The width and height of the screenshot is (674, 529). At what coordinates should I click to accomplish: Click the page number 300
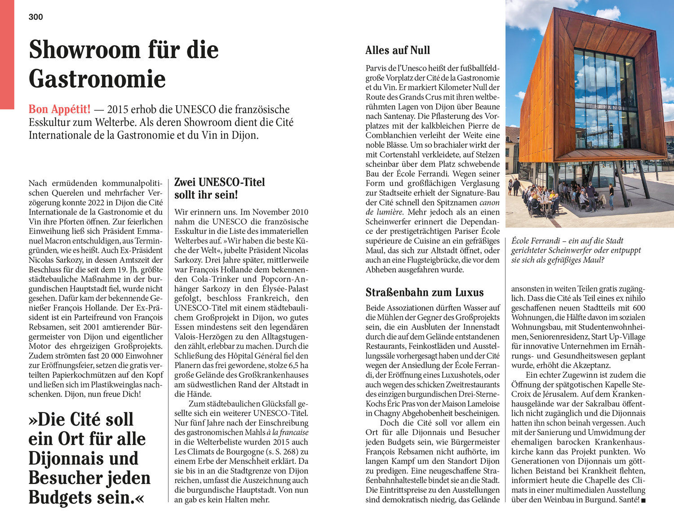[x=35, y=17]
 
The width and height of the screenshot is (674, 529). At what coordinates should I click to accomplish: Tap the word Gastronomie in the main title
[x=97, y=79]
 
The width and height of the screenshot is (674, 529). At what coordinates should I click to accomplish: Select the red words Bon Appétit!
[x=59, y=109]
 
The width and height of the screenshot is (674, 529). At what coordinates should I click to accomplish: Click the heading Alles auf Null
[x=398, y=50]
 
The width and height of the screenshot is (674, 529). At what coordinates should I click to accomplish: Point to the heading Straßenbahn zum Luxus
[x=425, y=292]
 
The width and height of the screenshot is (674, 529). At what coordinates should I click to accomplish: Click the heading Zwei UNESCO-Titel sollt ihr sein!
[x=219, y=188]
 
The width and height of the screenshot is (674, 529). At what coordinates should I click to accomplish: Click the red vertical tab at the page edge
[x=7, y=54]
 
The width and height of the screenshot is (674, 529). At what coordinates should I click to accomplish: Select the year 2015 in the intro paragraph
[x=118, y=109]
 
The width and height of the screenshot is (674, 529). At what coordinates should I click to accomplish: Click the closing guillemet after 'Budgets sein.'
[x=140, y=498]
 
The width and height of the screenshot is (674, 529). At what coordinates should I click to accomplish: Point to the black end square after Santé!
[x=643, y=500]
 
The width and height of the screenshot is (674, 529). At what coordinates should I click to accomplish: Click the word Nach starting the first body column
[x=38, y=183]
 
